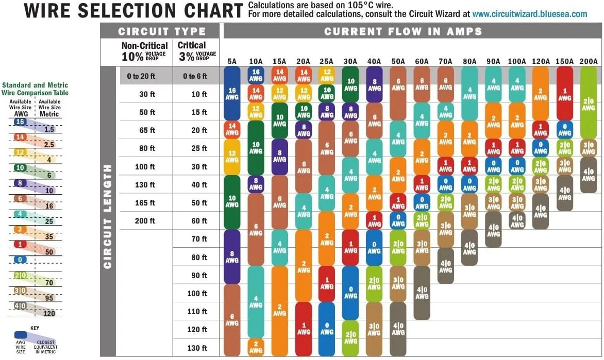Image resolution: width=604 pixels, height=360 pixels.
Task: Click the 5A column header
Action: (x=232, y=62)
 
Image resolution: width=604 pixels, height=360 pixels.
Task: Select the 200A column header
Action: (x=588, y=62)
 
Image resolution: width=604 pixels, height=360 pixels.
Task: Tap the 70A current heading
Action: (x=445, y=62)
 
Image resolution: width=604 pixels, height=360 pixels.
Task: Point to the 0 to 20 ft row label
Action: (x=141, y=76)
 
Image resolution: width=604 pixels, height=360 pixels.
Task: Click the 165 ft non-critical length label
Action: (x=145, y=203)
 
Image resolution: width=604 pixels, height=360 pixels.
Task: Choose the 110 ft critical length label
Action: (x=197, y=312)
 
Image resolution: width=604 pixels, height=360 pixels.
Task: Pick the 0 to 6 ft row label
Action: (x=195, y=76)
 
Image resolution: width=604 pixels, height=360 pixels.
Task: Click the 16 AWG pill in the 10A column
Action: (x=256, y=75)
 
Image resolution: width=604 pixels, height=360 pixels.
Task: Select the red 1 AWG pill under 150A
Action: (x=564, y=94)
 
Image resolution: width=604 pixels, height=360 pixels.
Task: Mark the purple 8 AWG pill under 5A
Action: (x=232, y=256)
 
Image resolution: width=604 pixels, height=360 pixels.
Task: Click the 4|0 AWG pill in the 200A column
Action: (x=588, y=175)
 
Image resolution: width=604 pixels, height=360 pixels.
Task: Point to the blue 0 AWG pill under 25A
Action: (x=327, y=328)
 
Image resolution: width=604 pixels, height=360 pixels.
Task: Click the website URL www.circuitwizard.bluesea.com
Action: (x=529, y=14)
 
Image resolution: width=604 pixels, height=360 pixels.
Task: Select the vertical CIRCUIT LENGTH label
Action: (x=108, y=216)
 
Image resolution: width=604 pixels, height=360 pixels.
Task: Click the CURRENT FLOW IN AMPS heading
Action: (x=403, y=31)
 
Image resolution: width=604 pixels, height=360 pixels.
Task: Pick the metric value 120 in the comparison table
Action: (x=49, y=313)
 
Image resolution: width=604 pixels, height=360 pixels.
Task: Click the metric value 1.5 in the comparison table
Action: (x=49, y=129)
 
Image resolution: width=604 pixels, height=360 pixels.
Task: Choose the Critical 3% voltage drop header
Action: (x=196, y=51)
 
